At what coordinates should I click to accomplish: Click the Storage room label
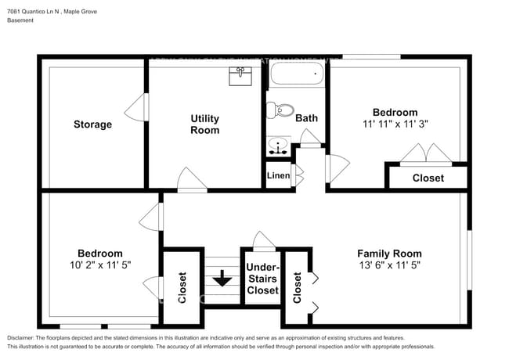click(92, 124)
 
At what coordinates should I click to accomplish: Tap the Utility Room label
click(205, 124)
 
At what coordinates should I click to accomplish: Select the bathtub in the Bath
click(297, 76)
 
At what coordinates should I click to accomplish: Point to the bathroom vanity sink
click(277, 145)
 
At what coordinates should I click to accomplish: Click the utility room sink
click(240, 76)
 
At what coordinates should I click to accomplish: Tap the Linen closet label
click(278, 176)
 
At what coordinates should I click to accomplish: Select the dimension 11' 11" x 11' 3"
click(395, 124)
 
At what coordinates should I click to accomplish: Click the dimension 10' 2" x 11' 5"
click(99, 265)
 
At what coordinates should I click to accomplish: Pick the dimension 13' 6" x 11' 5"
click(389, 265)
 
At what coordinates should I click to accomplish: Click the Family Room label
click(389, 253)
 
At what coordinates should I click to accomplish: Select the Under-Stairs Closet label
click(262, 279)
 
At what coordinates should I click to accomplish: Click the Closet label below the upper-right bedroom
click(428, 178)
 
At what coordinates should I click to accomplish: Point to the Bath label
click(306, 118)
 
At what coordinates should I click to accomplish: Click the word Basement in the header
click(21, 20)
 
